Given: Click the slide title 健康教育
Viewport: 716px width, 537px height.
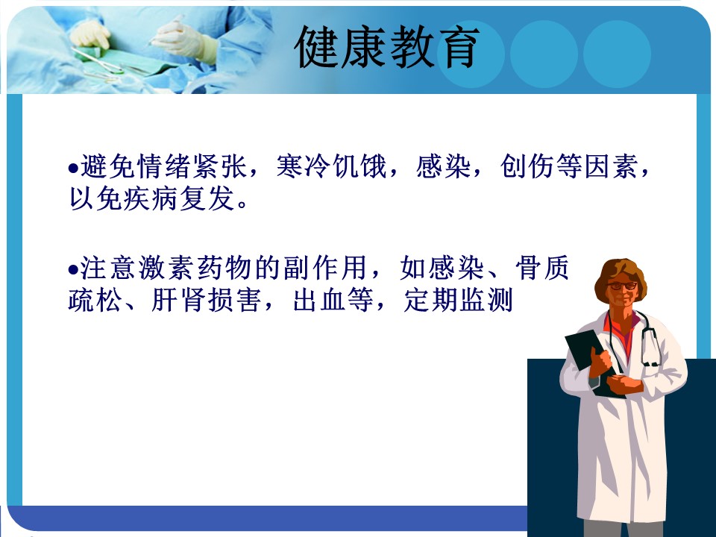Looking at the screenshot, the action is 387,48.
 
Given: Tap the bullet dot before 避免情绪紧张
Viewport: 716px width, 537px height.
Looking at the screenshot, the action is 74,169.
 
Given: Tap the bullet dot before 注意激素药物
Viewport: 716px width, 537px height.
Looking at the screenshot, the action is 74,270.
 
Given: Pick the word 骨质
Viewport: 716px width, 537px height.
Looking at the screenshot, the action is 542,268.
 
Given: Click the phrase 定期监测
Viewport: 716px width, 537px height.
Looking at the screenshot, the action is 459,300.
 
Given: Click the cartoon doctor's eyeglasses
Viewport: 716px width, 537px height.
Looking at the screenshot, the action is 622,286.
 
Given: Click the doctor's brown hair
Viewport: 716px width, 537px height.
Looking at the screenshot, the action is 621,275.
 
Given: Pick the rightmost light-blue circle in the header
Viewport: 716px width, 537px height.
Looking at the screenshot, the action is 617,54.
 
